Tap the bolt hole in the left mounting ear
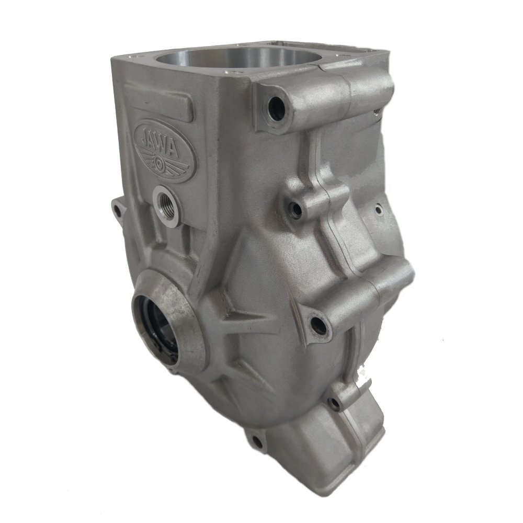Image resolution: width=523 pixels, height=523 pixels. pos(116,211)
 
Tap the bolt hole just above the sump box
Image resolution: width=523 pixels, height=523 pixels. pos(333,403)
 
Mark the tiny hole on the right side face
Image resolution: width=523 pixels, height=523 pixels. pos(378,209)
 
